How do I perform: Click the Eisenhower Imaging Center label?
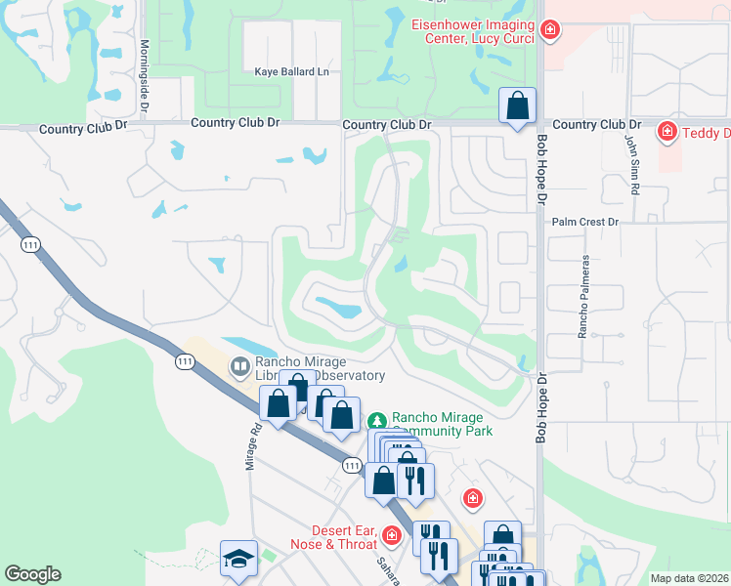(472, 31)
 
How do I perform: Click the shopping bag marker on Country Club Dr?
(517, 105)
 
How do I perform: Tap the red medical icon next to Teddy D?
(667, 130)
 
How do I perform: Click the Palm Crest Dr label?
(585, 223)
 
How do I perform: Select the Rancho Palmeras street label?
(583, 297)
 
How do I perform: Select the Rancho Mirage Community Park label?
(441, 423)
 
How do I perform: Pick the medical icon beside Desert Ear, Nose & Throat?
(392, 535)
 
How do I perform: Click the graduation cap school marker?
(238, 558)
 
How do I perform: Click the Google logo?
(33, 574)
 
